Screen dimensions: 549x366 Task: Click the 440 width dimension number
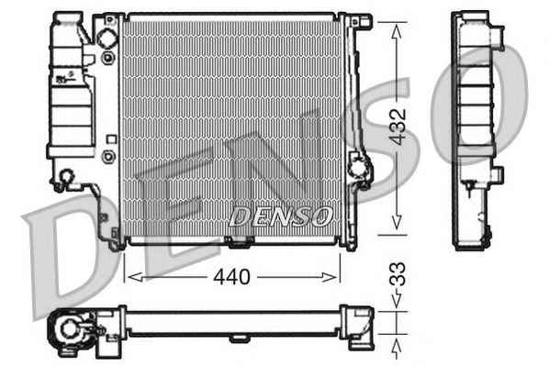click(x=231, y=277)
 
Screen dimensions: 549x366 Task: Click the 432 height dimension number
click(x=398, y=127)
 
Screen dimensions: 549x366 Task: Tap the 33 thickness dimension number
click(x=398, y=274)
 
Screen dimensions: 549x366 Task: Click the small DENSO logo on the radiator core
click(x=280, y=216)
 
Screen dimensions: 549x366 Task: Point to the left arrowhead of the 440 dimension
click(x=135, y=277)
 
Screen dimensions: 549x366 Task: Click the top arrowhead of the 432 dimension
click(x=397, y=31)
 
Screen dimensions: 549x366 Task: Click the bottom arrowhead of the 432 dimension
click(x=397, y=223)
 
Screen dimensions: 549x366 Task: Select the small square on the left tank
click(x=111, y=139)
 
